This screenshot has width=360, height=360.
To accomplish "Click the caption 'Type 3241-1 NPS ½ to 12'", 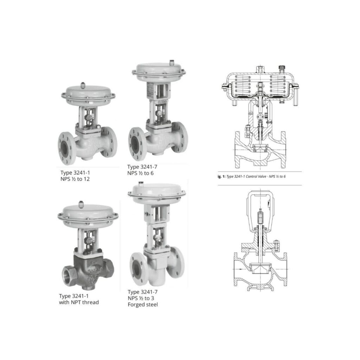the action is [x=75, y=176].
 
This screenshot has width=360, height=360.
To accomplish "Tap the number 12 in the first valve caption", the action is [x=86, y=179].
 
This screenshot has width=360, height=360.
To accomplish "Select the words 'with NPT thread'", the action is [x=79, y=302].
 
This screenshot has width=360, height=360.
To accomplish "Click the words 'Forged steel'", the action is [x=143, y=305].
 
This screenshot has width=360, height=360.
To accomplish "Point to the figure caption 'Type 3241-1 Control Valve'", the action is [x=246, y=176].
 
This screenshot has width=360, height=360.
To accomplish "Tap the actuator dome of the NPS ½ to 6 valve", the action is [x=159, y=70].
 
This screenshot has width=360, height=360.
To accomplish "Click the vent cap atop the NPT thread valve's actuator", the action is [x=81, y=204].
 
